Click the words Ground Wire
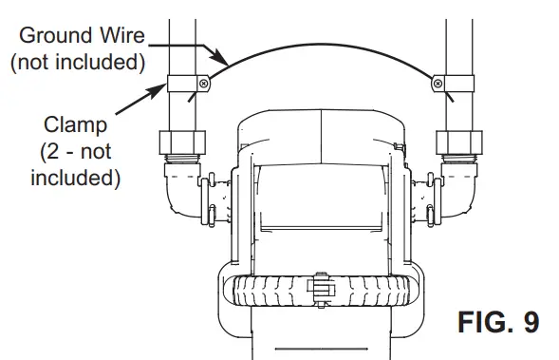tap(79, 36)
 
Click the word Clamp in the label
tap(74, 124)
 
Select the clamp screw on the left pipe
tap(203, 86)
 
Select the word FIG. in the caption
tap(478, 321)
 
